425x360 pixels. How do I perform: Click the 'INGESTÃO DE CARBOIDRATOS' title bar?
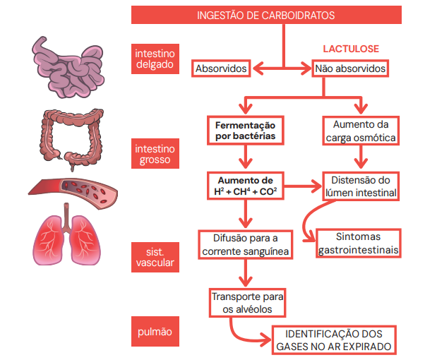tap(275, 15)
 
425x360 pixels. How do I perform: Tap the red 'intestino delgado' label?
tap(155, 59)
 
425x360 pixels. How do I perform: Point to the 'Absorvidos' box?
tap(221, 69)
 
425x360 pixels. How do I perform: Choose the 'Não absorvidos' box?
tap(350, 69)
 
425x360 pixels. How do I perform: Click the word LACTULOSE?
tap(351, 49)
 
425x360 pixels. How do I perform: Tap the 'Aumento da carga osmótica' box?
tap(359, 131)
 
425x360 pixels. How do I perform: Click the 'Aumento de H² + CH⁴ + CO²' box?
tap(244, 186)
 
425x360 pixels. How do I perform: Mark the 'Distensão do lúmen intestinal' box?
tap(360, 186)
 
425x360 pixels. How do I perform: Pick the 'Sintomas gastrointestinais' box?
tap(359, 244)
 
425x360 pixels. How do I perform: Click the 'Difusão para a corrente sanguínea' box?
tap(245, 244)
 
